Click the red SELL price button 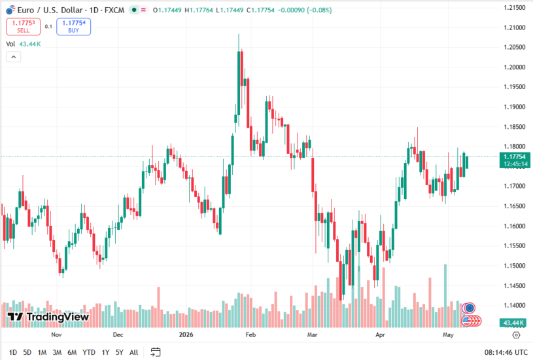pyautogui.click(x=23, y=27)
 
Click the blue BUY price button pyautogui.click(x=73, y=27)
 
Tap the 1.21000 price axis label pyautogui.click(x=514, y=27)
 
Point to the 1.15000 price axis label pyautogui.click(x=514, y=266)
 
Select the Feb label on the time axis pyautogui.click(x=250, y=335)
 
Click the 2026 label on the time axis pyautogui.click(x=186, y=335)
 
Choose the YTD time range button pyautogui.click(x=89, y=353)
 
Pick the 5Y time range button pyautogui.click(x=119, y=353)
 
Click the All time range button pyautogui.click(x=134, y=353)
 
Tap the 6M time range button pyautogui.click(x=72, y=353)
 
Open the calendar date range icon pyautogui.click(x=156, y=352)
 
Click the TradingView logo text pyautogui.click(x=48, y=317)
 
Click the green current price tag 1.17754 pyautogui.click(x=515, y=160)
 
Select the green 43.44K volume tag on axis pyautogui.click(x=513, y=323)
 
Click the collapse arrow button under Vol pyautogui.click(x=14, y=57)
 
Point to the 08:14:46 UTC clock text pyautogui.click(x=506, y=353)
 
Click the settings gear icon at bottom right pyautogui.click(x=516, y=335)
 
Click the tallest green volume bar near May pyautogui.click(x=445, y=296)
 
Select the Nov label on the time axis pyautogui.click(x=56, y=335)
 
